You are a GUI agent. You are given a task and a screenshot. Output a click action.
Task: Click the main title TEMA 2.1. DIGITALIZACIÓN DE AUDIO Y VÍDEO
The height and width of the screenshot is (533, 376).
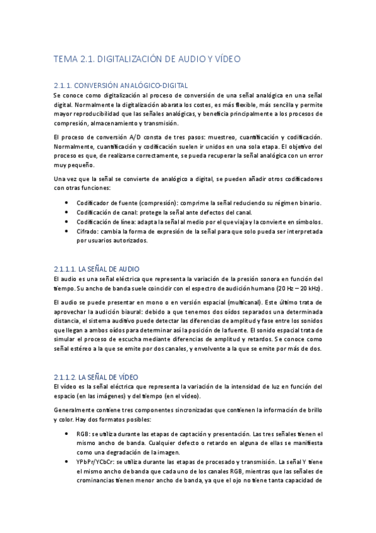point(148,60)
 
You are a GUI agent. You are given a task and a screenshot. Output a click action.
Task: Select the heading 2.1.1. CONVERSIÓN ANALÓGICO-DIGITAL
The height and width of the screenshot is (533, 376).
point(121,85)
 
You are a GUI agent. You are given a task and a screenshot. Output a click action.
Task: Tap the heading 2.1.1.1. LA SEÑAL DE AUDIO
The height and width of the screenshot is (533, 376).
point(101,268)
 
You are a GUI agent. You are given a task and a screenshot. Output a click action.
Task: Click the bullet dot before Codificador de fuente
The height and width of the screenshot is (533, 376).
point(67,202)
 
